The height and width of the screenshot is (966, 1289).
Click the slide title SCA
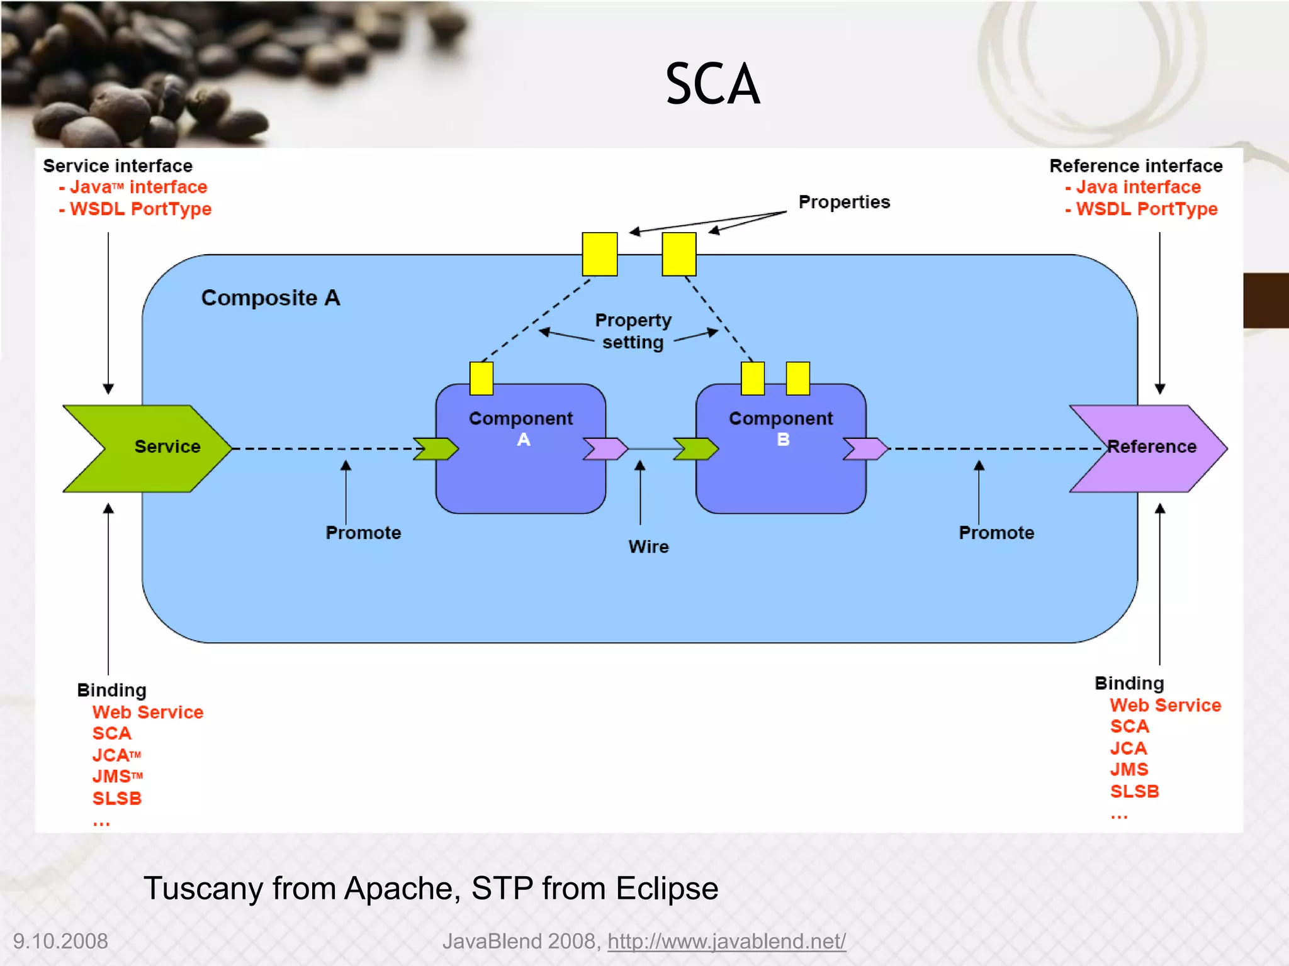click(712, 84)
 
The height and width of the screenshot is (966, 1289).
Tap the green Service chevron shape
click(148, 448)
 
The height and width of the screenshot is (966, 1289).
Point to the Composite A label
click(271, 297)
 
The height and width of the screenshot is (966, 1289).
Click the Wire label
click(648, 547)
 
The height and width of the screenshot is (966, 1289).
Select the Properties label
click(844, 202)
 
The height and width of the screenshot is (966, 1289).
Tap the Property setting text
click(633, 331)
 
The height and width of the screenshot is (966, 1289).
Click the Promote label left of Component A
click(363, 533)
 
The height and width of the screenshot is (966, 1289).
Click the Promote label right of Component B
click(996, 533)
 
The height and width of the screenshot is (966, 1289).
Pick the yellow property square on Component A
click(481, 378)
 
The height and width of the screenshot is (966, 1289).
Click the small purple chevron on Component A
click(605, 448)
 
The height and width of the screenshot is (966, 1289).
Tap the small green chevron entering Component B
click(695, 448)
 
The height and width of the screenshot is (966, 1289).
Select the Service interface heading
click(118, 166)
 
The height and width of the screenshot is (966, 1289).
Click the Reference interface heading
click(1136, 166)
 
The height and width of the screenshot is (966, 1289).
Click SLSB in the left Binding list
click(117, 798)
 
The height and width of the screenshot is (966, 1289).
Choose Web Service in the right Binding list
click(1165, 705)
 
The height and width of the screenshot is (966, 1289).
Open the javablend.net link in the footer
click(726, 941)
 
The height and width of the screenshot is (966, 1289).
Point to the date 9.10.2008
click(60, 941)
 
